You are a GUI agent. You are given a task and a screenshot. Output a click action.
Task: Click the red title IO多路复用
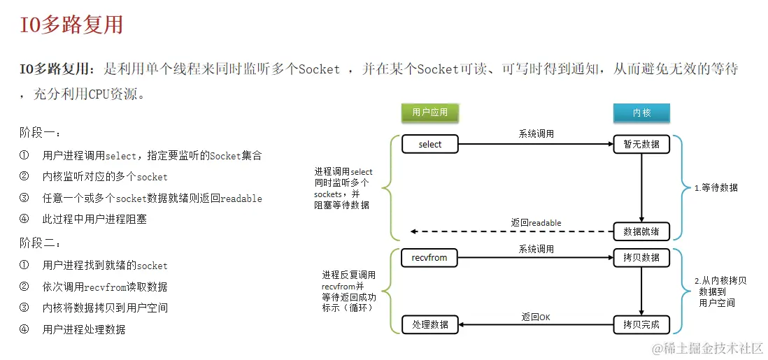click(72, 25)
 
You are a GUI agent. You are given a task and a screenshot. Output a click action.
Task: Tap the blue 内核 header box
click(641, 112)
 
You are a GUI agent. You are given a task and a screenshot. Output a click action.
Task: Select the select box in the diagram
click(430, 144)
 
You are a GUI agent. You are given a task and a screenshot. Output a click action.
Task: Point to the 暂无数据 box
click(641, 144)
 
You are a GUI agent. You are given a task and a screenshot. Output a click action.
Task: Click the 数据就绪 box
click(641, 231)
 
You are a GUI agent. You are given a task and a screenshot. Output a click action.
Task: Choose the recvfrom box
click(430, 257)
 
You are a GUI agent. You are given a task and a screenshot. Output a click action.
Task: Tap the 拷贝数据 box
click(641, 257)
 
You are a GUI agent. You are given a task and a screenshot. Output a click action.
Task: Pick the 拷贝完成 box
click(641, 324)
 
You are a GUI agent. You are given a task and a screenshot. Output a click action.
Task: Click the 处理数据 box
click(430, 324)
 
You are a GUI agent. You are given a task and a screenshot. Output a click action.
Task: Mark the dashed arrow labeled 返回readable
click(511, 231)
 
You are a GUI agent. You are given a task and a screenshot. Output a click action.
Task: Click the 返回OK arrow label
click(536, 317)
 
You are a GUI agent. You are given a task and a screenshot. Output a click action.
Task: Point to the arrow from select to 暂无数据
click(536, 145)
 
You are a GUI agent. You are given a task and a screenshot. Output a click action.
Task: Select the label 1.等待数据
click(716, 187)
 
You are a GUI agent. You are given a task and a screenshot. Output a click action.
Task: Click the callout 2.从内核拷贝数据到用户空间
click(720, 291)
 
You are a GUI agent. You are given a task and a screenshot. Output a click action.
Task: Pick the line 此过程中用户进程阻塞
click(94, 219)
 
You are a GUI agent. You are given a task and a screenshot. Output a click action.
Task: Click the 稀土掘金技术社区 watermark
click(707, 347)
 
